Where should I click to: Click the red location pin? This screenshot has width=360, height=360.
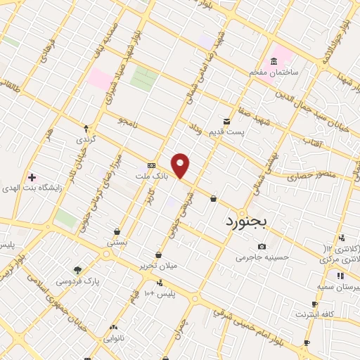181,166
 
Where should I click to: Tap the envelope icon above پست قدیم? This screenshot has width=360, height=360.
226,120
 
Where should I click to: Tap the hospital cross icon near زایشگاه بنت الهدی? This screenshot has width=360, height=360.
31,176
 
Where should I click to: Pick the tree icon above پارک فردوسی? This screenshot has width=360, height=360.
77,269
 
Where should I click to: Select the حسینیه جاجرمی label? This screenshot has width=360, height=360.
262,257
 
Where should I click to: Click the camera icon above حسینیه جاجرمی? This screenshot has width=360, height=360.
262,247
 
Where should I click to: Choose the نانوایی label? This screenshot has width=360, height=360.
115,338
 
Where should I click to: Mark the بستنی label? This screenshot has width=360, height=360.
117,242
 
